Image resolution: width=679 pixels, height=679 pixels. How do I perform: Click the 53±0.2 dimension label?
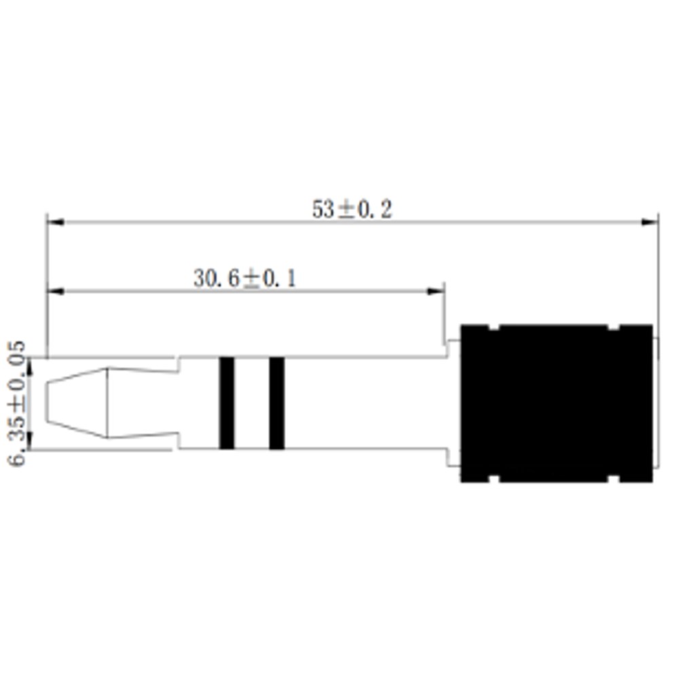pos(352,210)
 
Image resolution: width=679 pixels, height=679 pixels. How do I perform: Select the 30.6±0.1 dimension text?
pos(244,278)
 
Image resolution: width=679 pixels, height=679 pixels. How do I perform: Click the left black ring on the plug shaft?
pos(227,403)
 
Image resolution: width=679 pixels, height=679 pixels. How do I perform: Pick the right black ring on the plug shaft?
pos(277,403)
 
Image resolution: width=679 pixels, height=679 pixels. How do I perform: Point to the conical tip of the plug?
pos(77,403)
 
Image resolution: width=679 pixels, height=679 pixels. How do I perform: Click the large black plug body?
pos(557,403)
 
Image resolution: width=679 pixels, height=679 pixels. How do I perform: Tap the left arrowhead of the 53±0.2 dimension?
pos(56,222)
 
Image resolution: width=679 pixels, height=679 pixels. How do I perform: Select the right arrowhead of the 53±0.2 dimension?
pos(650,222)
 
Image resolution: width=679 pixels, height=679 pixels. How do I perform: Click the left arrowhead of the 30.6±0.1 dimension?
pos(56,291)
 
